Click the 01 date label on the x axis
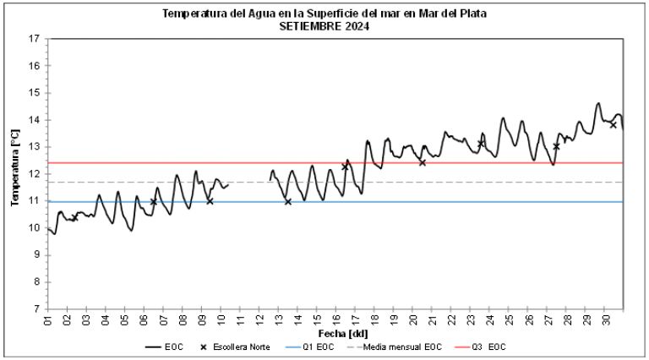pos(49,321)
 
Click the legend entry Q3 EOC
pos(485,347)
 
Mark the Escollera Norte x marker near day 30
pos(614,124)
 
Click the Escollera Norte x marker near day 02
pos(74,218)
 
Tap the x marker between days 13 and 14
pos(288,202)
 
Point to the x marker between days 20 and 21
pos(422,162)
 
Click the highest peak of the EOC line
pos(598,103)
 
